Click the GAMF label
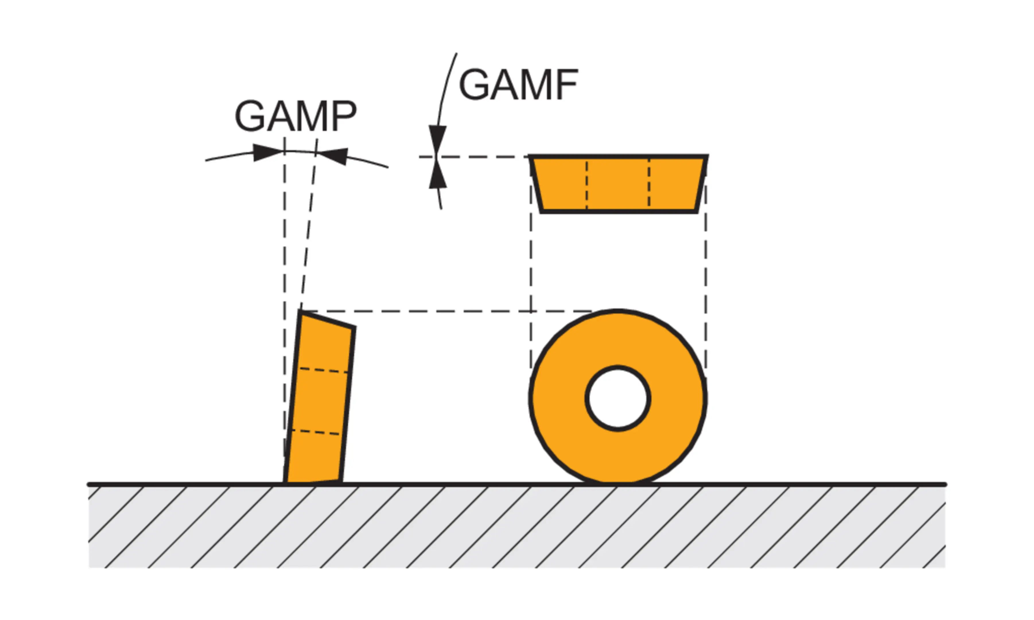coord(518,85)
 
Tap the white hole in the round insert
coord(618,398)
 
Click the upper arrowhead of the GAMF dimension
coord(438,138)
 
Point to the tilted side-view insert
coord(320,401)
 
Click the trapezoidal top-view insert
coord(618,184)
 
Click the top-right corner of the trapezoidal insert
coord(707,157)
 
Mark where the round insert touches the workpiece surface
coord(618,483)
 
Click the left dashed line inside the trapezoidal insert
coord(586,184)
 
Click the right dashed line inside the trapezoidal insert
coord(649,184)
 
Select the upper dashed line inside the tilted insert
coord(323,370)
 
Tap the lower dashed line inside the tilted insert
coord(315,432)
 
